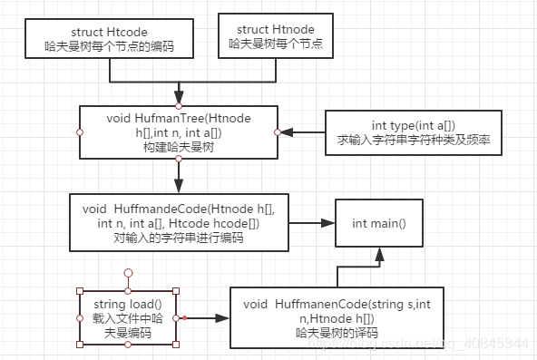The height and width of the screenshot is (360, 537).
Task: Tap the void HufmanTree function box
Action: pos(179,131)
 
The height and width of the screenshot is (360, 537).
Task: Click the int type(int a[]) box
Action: pos(413,132)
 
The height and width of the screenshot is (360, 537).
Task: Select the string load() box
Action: pos(128,317)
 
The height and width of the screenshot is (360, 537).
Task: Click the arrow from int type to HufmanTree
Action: pos(301,132)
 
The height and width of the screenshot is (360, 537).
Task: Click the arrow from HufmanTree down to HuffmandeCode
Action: pos(180,175)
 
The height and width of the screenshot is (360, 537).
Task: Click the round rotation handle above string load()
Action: pos(128,271)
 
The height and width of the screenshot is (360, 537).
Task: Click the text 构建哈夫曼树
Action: pos(180,147)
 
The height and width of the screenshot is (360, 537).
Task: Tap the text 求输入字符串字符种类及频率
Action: pos(413,141)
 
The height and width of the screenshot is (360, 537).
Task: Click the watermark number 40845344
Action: pos(501,345)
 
